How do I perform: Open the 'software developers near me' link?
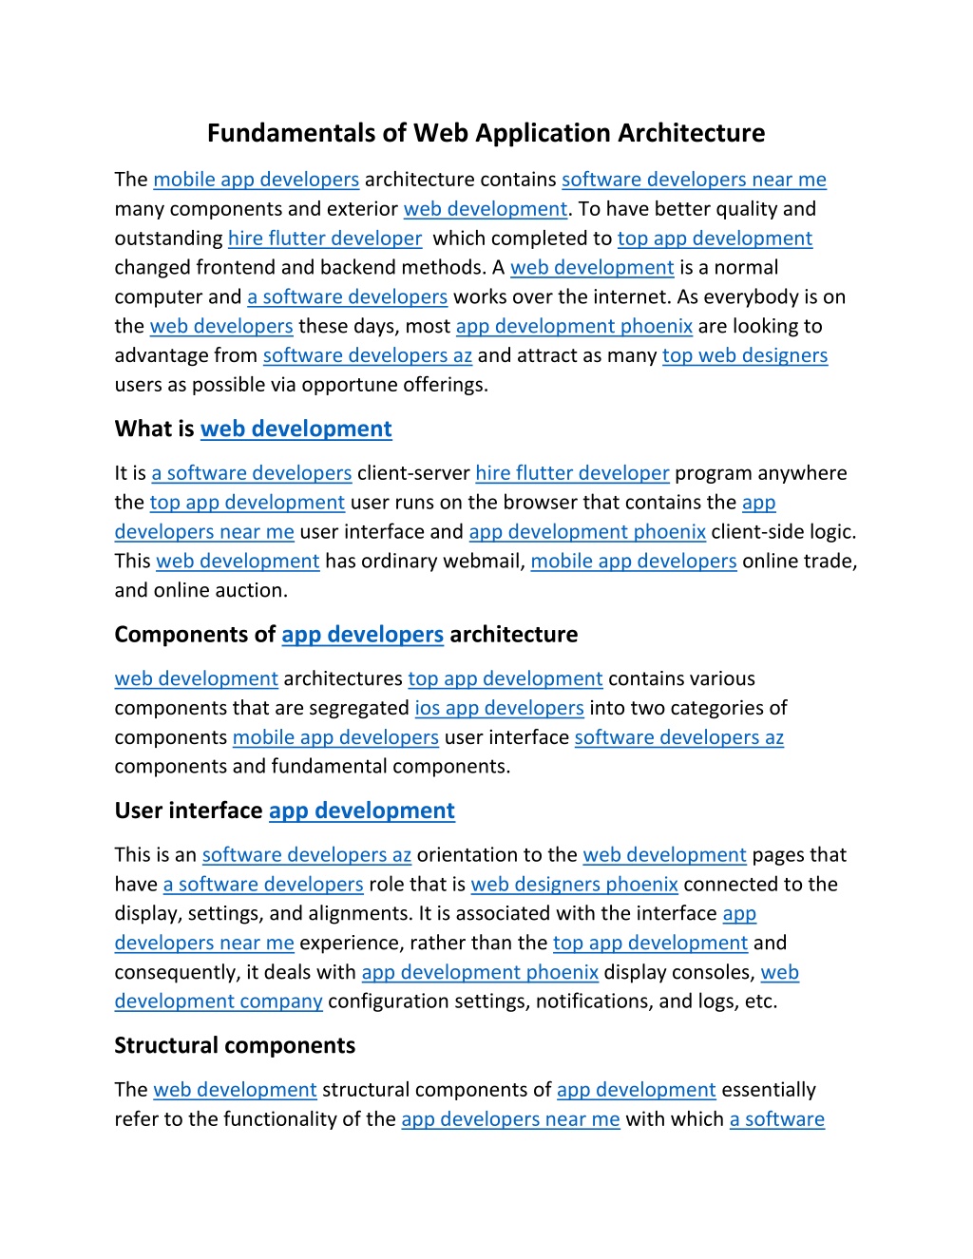click(x=694, y=180)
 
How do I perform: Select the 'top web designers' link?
click(x=745, y=355)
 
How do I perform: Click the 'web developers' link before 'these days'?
click(x=221, y=326)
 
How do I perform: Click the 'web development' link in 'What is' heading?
click(x=296, y=429)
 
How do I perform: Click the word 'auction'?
click(x=252, y=591)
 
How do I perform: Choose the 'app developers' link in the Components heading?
click(x=362, y=635)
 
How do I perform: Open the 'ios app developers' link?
click(x=499, y=708)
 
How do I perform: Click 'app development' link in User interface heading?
click(x=361, y=811)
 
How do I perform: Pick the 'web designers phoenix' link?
click(x=574, y=885)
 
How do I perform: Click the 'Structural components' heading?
click(x=235, y=1045)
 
